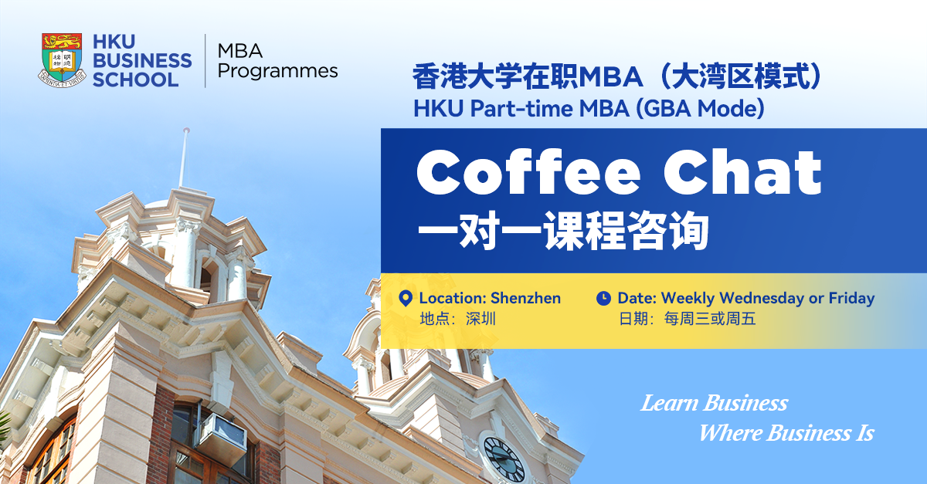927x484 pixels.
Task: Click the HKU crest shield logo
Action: click(62, 60)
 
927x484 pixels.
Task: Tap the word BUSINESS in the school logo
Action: click(142, 60)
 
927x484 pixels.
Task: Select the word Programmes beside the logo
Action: click(277, 72)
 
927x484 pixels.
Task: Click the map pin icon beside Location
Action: click(406, 298)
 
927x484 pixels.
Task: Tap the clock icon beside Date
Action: click(603, 298)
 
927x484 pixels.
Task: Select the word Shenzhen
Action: click(525, 298)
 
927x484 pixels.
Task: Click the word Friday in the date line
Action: click(851, 298)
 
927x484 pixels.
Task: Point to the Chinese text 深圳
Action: click(480, 319)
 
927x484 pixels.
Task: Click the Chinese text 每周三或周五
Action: click(710, 319)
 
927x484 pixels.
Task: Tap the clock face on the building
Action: click(504, 459)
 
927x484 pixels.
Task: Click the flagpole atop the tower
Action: click(183, 158)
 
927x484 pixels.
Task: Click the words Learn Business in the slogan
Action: click(715, 403)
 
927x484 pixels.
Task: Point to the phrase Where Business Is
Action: click(786, 433)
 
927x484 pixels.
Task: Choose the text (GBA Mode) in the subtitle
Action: click(700, 109)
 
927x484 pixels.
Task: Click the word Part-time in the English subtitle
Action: click(521, 109)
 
